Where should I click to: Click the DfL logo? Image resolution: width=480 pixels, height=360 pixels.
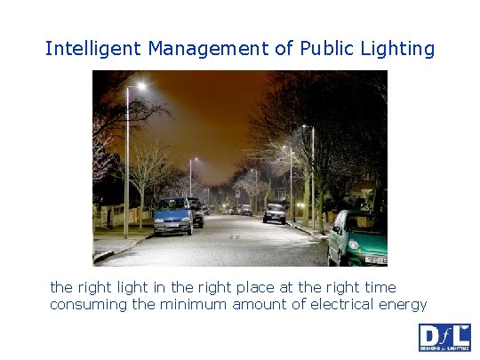(x=444, y=338)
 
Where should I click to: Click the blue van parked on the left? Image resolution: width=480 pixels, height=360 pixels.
(x=173, y=215)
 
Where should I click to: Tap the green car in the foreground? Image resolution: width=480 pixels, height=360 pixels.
(x=358, y=238)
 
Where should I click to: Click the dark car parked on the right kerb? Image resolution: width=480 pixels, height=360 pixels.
(x=275, y=212)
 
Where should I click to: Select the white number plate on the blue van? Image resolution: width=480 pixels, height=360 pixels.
(x=171, y=226)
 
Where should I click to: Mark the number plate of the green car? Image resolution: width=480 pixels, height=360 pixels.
(x=377, y=260)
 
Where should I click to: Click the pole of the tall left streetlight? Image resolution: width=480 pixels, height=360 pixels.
(x=127, y=169)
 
